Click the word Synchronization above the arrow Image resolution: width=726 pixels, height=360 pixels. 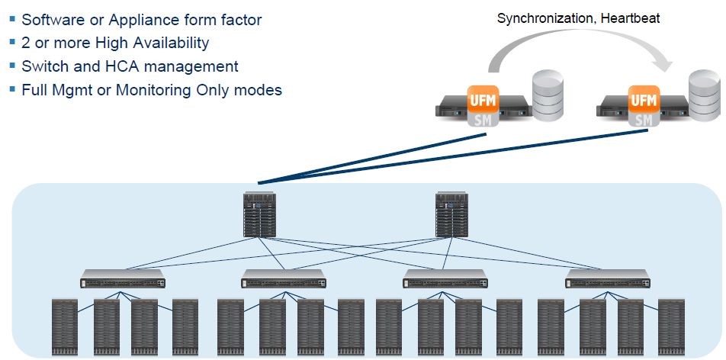(x=543, y=18)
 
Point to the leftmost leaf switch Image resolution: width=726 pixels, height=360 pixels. (x=123, y=278)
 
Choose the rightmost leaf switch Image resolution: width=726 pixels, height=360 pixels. (x=607, y=278)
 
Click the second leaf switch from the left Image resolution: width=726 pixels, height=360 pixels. (x=284, y=278)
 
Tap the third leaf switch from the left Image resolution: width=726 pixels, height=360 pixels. (x=445, y=278)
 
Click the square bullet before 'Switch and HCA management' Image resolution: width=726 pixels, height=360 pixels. (x=13, y=67)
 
